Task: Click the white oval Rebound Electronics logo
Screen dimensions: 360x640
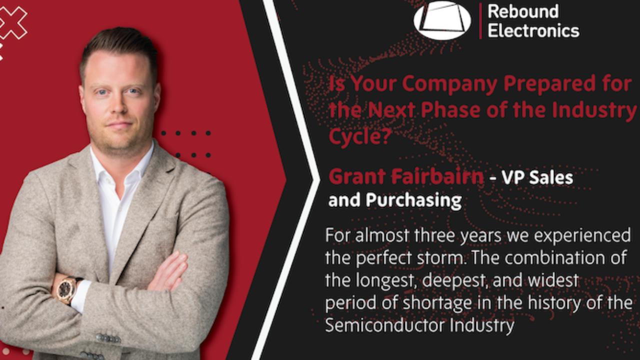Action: pos(442,20)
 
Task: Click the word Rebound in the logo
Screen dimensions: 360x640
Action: pos(523,11)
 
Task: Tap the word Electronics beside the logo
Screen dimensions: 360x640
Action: pos(533,30)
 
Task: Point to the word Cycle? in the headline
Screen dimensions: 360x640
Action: pos(358,135)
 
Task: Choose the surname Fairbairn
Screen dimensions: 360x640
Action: pos(435,177)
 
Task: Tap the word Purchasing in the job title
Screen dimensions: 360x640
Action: pos(413,200)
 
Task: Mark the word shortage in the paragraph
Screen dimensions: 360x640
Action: pos(435,303)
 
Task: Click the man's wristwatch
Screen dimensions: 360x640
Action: pos(66,289)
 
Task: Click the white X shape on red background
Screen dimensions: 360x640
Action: pos(13,22)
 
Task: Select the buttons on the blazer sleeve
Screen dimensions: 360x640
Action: pos(107,338)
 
